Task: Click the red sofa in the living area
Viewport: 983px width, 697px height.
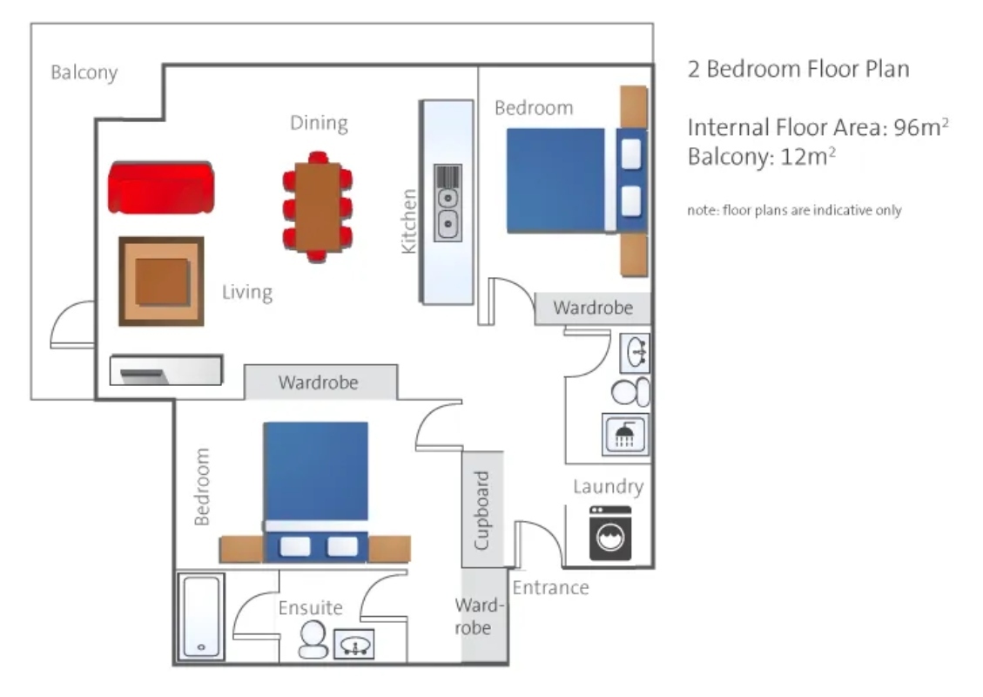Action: click(x=161, y=187)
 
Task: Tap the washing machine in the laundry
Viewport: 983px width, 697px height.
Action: click(x=610, y=533)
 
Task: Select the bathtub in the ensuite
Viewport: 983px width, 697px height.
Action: click(x=201, y=617)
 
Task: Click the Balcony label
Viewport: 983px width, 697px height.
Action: click(x=84, y=73)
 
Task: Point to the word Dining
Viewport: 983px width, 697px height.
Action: click(x=319, y=123)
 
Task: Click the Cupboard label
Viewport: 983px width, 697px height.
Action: click(x=481, y=511)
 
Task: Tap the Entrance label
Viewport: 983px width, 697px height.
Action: click(x=550, y=587)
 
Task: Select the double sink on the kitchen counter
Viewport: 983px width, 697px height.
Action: click(x=448, y=203)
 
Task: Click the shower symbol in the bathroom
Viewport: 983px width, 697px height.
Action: click(x=625, y=434)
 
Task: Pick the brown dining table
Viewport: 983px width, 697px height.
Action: click(x=318, y=206)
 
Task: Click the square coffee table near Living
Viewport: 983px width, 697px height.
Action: click(x=162, y=281)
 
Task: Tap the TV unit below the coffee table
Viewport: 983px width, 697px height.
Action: click(x=166, y=370)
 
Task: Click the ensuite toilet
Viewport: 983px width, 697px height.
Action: click(x=313, y=639)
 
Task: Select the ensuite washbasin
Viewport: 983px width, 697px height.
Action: click(x=354, y=645)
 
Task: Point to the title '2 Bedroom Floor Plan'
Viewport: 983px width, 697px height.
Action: click(x=798, y=69)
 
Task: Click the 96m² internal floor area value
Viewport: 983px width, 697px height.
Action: click(x=921, y=127)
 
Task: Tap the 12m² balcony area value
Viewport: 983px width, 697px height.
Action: click(x=808, y=156)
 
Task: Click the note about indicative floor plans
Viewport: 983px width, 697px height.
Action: click(x=794, y=210)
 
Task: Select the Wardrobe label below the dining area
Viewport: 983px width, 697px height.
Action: click(x=319, y=382)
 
